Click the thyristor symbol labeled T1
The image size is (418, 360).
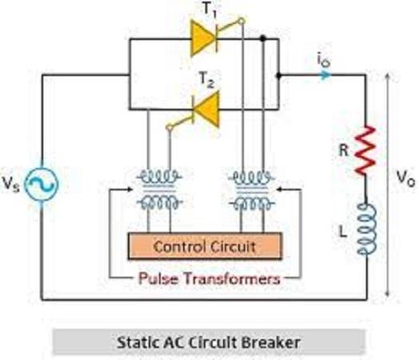[x=204, y=39]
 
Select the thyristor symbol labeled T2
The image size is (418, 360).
[x=205, y=110]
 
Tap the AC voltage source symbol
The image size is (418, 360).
[x=42, y=184]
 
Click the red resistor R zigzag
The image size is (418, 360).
[x=366, y=150]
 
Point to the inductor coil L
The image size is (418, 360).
[x=367, y=229]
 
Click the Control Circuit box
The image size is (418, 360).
[x=205, y=246]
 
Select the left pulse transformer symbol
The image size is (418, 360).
[x=159, y=190]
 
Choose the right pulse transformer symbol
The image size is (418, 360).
[x=252, y=190]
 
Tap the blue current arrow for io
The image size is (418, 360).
[x=325, y=75]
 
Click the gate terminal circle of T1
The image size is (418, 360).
[x=241, y=21]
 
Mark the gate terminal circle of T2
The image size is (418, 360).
[x=169, y=127]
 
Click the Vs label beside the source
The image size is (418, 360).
[x=11, y=184]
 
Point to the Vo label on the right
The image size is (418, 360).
[x=405, y=178]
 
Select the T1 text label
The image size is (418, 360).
[x=209, y=10]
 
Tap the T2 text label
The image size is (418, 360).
[x=207, y=80]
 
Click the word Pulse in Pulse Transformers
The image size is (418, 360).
[x=158, y=278]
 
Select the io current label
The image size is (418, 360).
[x=324, y=60]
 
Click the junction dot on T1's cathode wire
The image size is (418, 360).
[x=263, y=38]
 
